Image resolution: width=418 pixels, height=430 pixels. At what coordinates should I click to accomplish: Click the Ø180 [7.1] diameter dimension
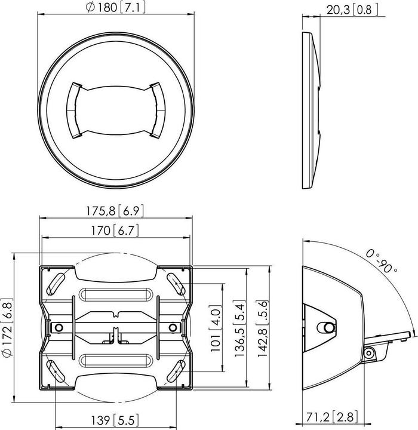116,8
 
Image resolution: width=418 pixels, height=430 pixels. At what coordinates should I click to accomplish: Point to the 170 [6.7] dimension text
117,231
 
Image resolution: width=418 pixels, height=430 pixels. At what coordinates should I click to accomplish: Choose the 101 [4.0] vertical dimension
216,327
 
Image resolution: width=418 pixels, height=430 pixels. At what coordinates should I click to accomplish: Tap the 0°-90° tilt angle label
382,262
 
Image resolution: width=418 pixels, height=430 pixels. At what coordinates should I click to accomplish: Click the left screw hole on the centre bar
58,327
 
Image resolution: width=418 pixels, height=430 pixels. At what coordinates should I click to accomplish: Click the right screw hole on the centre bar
173,327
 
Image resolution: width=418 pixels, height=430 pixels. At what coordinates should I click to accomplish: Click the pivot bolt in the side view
327,327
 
